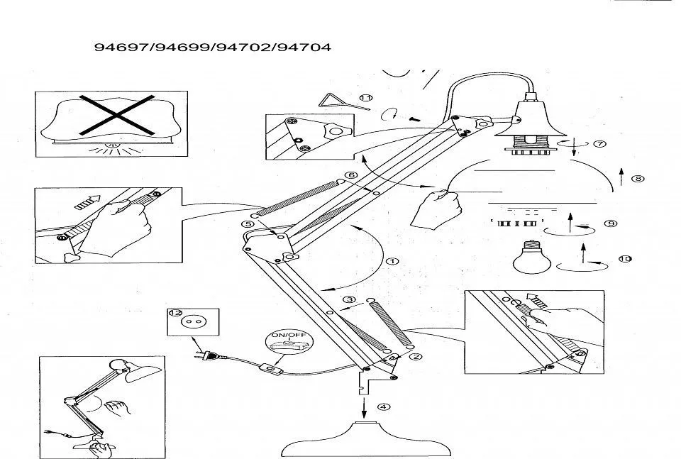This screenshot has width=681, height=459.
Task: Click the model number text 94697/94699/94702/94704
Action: point(213,48)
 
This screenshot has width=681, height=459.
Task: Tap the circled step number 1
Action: point(391,260)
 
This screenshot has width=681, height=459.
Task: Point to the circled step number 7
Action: point(599,144)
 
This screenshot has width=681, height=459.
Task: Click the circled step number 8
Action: point(638,179)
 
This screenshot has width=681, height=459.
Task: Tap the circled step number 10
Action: point(624,259)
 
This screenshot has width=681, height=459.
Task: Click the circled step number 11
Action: point(366,98)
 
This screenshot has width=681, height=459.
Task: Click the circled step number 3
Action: point(349,299)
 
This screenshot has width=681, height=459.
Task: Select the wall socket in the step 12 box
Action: point(190,322)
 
